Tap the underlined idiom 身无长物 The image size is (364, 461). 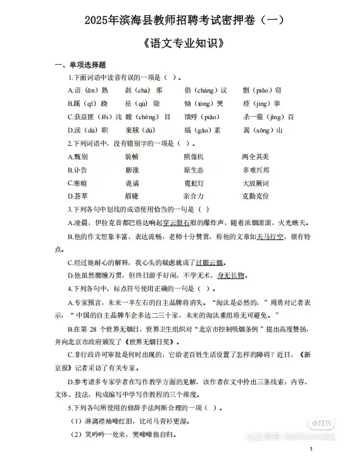click(230, 276)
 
